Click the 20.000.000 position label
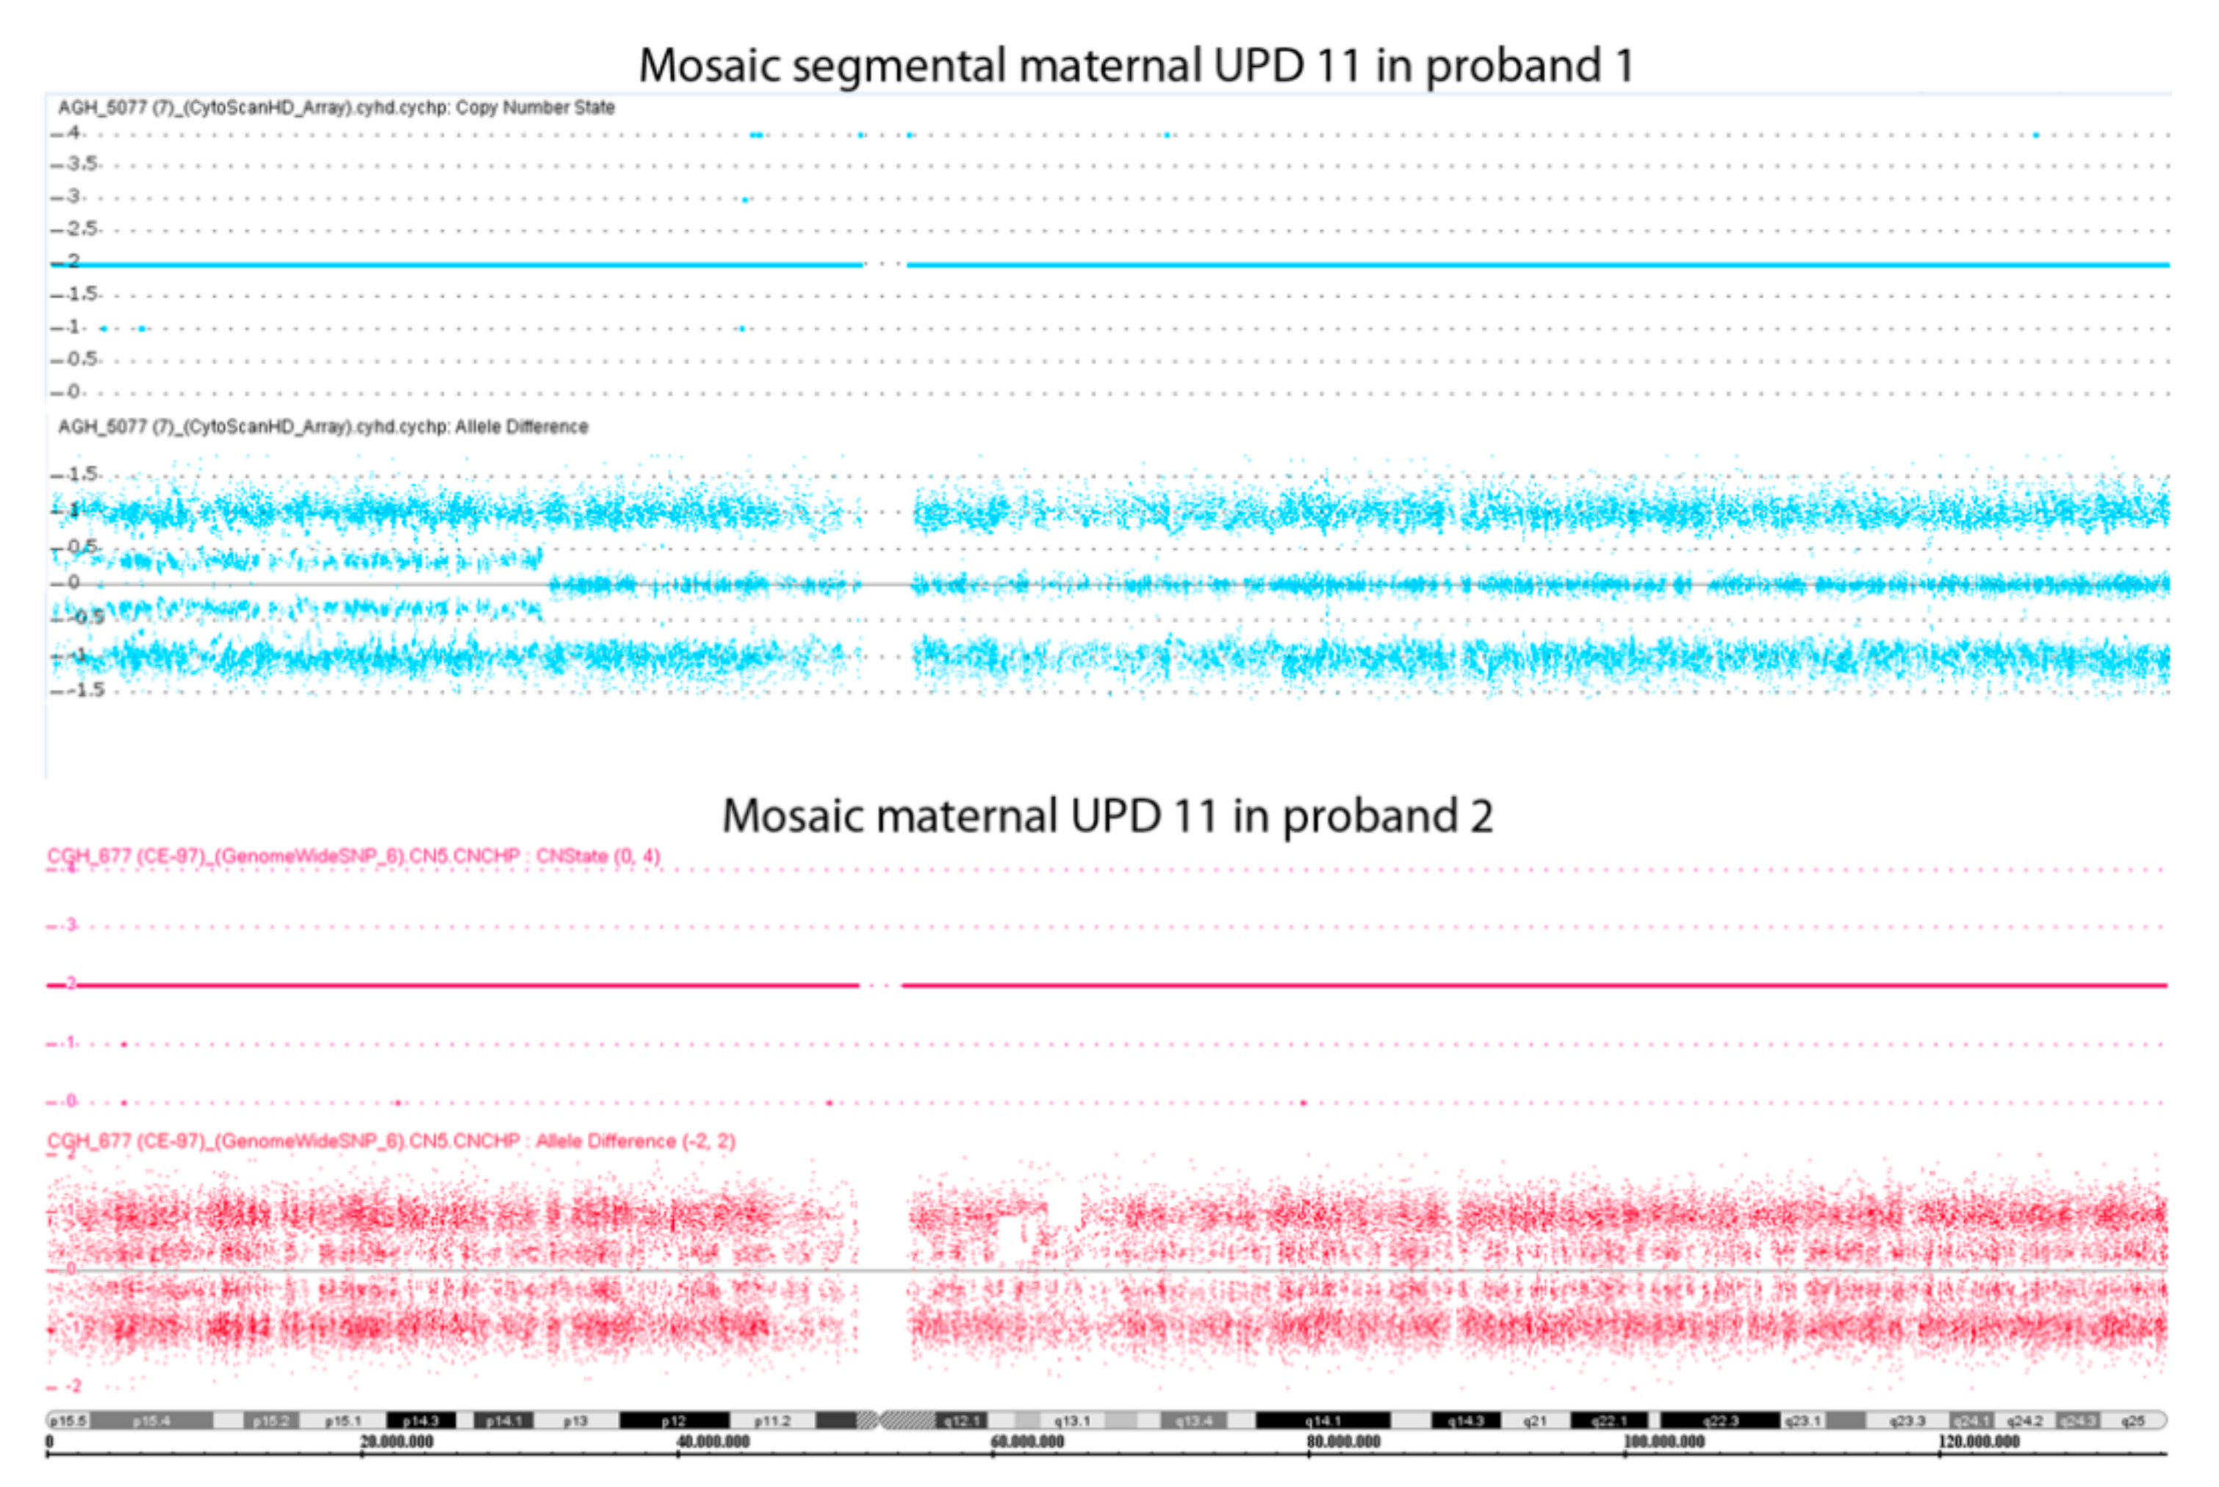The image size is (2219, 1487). pos(396,1442)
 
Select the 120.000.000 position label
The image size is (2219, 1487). pos(1978,1442)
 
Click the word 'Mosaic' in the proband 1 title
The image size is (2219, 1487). pos(709,66)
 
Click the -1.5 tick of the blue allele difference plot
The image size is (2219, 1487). pos(85,689)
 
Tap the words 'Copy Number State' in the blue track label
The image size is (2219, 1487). pos(535,108)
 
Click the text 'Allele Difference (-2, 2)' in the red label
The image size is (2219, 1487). pos(636,1141)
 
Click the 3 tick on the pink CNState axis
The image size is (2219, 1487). pos(71,925)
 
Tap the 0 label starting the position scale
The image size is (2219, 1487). pos(49,1442)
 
